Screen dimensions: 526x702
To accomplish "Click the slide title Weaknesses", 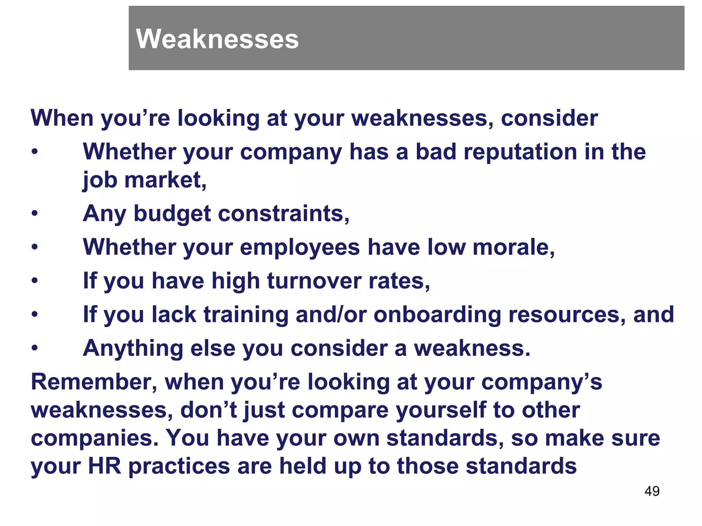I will pos(217,39).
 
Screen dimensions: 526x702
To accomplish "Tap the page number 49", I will pos(652,491).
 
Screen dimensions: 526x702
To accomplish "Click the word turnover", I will pos(314,281).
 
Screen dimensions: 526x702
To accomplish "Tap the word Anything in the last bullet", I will pos(133,348).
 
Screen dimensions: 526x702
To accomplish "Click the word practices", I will pos(179,467).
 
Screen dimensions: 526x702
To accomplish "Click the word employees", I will pos(300,247).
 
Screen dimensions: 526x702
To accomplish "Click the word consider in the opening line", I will pos(549,118).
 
